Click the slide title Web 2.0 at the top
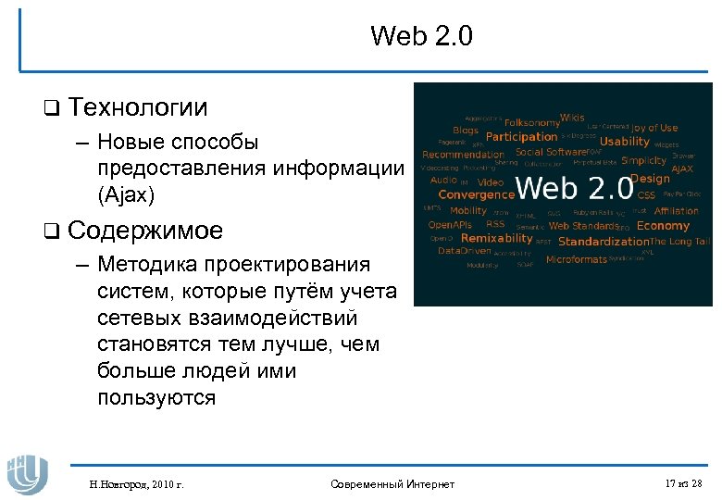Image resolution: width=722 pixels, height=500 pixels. click(421, 36)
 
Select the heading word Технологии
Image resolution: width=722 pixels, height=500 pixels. click(137, 107)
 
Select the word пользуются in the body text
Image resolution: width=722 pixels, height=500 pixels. click(156, 398)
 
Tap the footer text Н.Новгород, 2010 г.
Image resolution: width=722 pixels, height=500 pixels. click(136, 484)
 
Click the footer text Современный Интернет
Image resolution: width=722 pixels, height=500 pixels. click(392, 484)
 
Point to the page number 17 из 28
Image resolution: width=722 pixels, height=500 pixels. click(683, 484)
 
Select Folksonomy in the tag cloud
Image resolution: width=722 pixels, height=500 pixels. click(532, 123)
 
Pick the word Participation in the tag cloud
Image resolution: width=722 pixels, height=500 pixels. click(521, 137)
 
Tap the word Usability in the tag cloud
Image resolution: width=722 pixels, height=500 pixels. click(625, 142)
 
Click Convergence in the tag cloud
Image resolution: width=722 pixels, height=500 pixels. click(476, 195)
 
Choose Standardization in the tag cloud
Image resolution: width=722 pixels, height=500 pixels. click(604, 242)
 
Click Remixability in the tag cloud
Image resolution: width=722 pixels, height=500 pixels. click(497, 238)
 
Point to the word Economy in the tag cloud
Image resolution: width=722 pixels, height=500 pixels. click(664, 226)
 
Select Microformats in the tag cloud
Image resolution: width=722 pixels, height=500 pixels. click(576, 260)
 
